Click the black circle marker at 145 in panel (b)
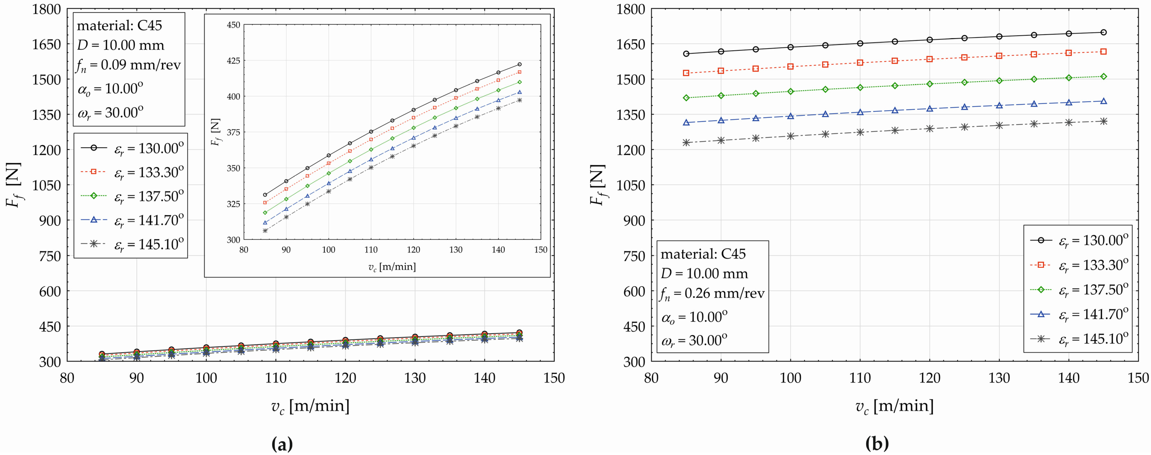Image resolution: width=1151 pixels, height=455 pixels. click(1103, 32)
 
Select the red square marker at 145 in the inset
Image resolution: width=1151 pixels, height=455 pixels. click(519, 72)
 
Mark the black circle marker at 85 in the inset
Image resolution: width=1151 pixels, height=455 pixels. click(265, 195)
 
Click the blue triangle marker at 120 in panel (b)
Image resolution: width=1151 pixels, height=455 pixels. click(929, 108)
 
